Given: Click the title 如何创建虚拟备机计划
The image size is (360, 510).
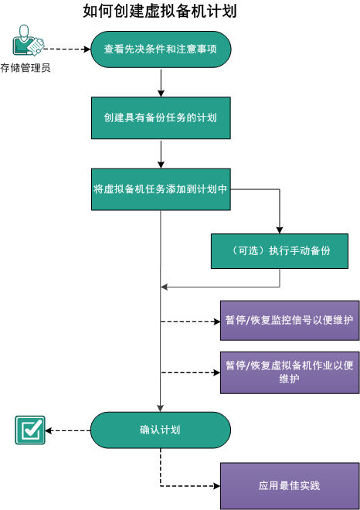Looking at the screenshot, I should click(x=160, y=12).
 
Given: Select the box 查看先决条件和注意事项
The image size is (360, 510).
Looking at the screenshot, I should click(x=161, y=50).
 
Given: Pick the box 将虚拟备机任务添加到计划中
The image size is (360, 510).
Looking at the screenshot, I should click(x=161, y=188).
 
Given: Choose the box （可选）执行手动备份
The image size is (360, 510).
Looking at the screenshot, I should click(x=284, y=251).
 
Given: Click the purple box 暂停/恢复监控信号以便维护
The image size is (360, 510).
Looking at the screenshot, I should click(x=290, y=321).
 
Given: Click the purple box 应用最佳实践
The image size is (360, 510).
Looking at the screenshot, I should click(x=290, y=486).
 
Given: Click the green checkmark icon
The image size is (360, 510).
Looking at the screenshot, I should click(x=30, y=430).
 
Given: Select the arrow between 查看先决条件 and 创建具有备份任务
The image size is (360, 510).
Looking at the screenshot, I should click(x=161, y=83).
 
